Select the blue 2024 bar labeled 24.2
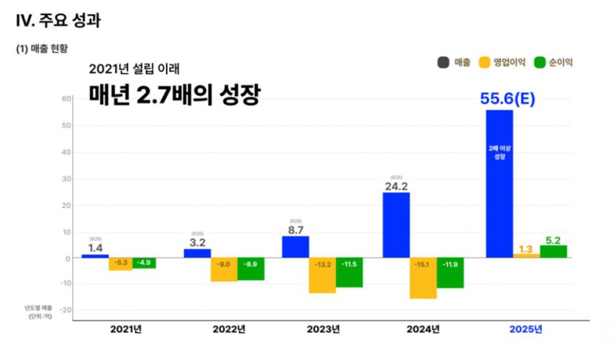pos(396,225)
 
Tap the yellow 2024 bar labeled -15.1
pos(423,278)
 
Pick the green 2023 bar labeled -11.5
pos(349,272)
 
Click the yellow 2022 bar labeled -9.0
pos(224,269)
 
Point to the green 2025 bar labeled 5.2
pos(553,251)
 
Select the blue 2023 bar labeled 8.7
pos(295,247)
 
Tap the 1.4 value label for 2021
pos(94,247)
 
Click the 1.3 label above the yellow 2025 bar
pos(526,249)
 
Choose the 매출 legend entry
pos(454,62)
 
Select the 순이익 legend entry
pos(553,62)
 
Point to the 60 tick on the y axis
pos(67,98)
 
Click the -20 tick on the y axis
pos(65,310)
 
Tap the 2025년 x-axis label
pos(526,329)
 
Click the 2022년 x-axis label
pos(231,329)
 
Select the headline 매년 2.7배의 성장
pos(174,96)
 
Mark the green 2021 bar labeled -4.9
pos(143,263)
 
